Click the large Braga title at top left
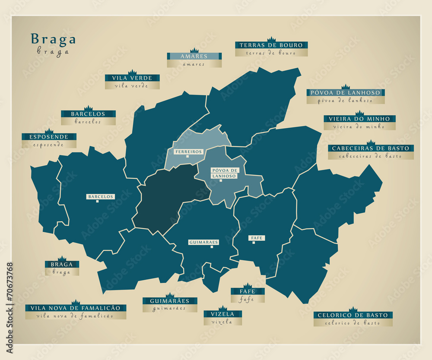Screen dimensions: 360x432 (x=53, y=39)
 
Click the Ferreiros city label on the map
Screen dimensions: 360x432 (x=188, y=152)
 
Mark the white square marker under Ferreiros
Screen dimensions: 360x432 (x=187, y=157)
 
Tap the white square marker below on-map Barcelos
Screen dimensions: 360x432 (x=97, y=201)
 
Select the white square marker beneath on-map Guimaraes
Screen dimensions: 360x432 (x=212, y=247)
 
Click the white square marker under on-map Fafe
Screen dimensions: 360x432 (x=254, y=243)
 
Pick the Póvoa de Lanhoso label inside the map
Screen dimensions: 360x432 (x=224, y=173)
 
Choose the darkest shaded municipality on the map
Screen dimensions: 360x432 (x=168, y=199)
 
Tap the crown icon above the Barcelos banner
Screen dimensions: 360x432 (x=88, y=108)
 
